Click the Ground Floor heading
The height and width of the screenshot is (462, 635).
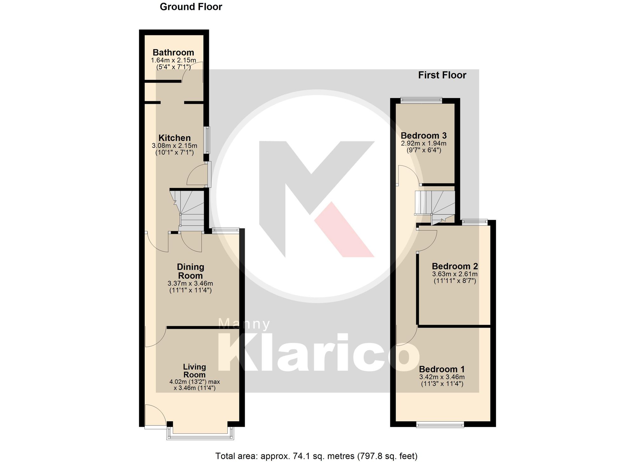[191, 7]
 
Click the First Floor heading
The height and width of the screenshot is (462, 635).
[442, 75]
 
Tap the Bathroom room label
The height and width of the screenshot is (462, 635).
[173, 53]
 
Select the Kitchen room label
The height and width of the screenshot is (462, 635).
[175, 138]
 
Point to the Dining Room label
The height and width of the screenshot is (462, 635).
[190, 271]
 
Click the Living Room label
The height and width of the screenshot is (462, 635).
[195, 371]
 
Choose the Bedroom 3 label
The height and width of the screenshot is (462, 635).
[424, 136]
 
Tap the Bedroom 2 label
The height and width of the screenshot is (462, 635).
[455, 266]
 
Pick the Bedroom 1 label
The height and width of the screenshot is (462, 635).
[442, 369]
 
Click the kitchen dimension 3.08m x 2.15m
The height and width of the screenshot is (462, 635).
[175, 146]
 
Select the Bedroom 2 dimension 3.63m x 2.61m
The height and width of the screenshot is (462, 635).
[455, 274]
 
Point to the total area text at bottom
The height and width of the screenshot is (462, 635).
[316, 456]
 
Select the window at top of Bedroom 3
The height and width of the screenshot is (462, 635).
[421, 100]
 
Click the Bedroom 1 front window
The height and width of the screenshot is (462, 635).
[440, 425]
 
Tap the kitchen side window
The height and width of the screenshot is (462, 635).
[207, 140]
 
